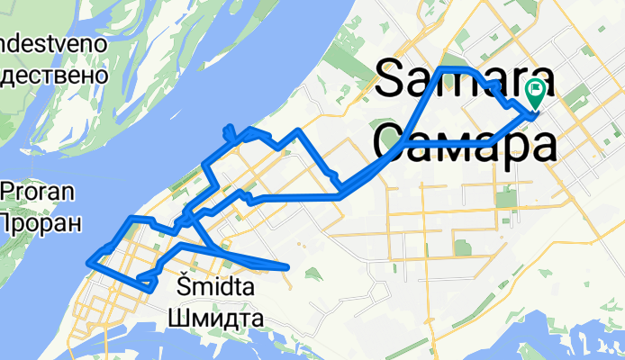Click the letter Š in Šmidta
click(177, 289)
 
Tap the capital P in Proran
click(9, 192)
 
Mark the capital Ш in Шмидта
click(177, 318)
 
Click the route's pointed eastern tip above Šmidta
click(286, 266)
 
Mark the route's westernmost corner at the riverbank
click(88, 263)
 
